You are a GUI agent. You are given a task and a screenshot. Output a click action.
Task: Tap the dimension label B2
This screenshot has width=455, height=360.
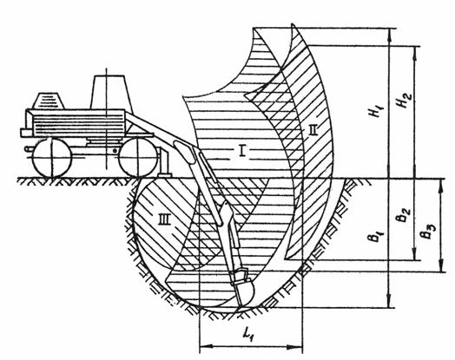(x=404, y=215)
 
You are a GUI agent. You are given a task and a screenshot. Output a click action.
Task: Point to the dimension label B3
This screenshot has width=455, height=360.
(x=429, y=232)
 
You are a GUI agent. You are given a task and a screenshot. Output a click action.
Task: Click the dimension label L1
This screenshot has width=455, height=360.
(x=249, y=336)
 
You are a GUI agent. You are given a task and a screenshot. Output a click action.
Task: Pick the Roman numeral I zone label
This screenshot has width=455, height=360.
(x=242, y=151)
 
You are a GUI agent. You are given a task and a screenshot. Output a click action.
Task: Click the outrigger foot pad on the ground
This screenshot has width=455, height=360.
(x=164, y=174)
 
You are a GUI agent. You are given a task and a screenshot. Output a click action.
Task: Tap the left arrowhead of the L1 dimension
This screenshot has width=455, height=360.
(x=208, y=346)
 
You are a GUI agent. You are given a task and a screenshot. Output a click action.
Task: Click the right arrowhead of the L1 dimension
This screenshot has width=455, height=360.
(x=295, y=346)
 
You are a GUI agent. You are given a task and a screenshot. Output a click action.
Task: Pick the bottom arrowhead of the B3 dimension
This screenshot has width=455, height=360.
(x=441, y=265)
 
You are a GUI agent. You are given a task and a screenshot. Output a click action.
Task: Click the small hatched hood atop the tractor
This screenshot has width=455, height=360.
(x=48, y=101)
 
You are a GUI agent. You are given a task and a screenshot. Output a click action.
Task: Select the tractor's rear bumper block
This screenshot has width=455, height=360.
(x=26, y=133)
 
